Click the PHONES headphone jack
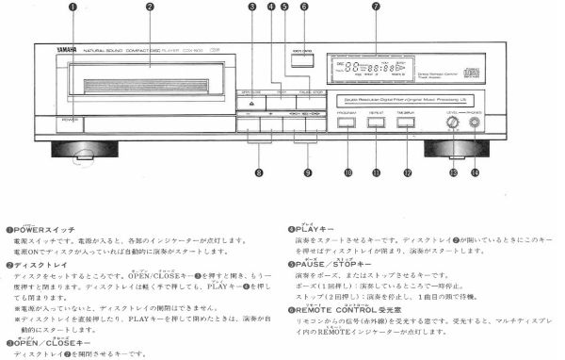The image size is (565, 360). (x=475, y=122)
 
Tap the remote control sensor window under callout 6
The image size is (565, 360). (x=303, y=63)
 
